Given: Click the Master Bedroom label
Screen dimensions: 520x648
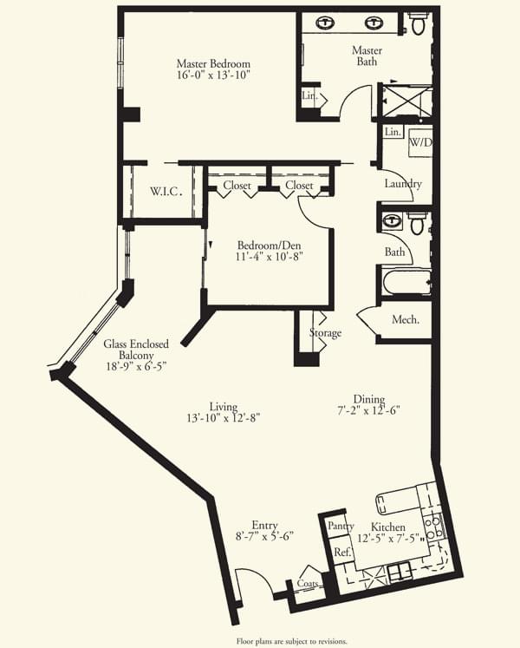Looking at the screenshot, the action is [213, 63].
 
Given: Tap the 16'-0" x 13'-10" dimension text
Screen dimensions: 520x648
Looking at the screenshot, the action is [213, 75].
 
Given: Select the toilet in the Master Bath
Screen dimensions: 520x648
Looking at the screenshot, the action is [418, 23].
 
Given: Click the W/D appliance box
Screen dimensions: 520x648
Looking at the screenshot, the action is [420, 142].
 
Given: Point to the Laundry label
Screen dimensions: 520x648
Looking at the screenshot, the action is [403, 184].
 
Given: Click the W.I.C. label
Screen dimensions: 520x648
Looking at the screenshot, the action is [166, 192].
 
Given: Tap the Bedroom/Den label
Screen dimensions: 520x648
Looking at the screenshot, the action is [269, 245].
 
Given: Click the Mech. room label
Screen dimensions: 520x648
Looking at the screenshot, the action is [406, 319].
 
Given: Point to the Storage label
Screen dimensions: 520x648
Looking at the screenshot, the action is [326, 333].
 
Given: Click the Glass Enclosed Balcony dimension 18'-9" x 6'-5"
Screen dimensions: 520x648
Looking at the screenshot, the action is [136, 367].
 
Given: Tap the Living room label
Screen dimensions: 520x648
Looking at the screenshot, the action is [224, 407].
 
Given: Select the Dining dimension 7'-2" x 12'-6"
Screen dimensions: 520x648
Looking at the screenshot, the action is [368, 411].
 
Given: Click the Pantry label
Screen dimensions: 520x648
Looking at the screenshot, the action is [341, 526].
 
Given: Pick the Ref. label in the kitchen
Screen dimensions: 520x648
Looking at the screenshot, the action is [342, 552].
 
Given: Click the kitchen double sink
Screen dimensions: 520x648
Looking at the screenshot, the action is [400, 573].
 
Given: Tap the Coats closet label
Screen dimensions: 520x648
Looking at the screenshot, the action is [308, 583].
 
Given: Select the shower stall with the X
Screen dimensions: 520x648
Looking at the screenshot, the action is [406, 101].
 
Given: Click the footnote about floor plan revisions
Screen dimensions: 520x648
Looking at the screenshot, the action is [291, 641].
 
